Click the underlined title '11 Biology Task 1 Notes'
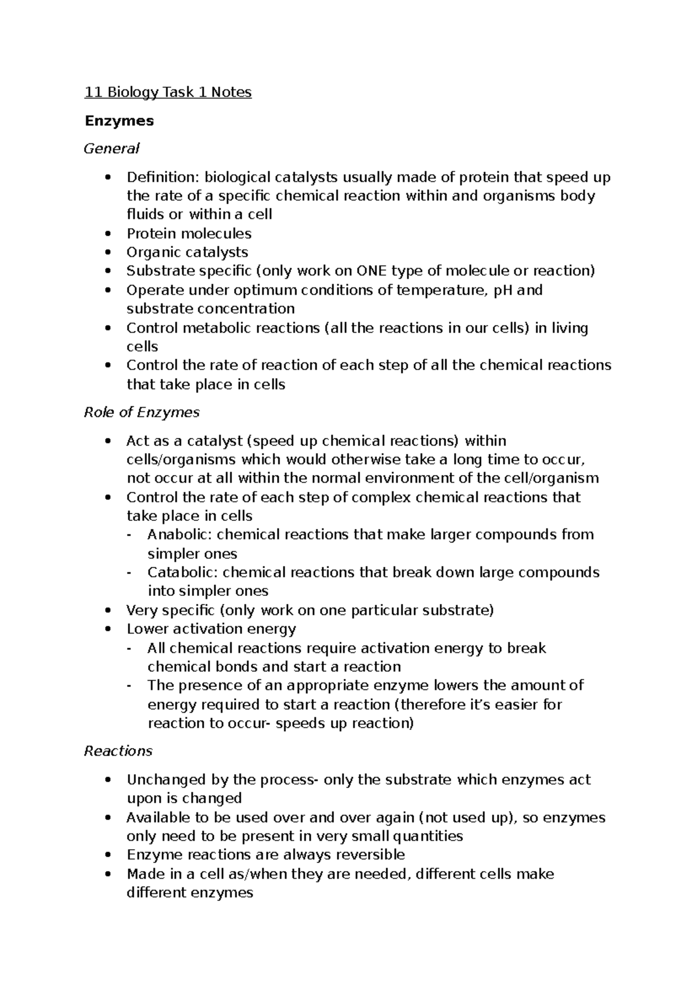coord(168,92)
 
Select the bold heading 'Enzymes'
coord(119,121)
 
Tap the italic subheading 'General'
coord(112,149)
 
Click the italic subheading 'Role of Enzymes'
coord(142,412)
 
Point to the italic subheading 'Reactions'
coord(118,751)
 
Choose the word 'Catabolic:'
coord(182,572)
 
